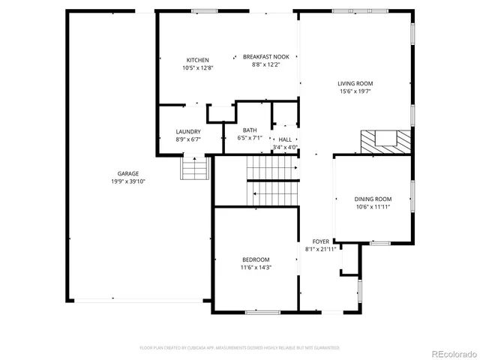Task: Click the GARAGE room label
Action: [127, 173]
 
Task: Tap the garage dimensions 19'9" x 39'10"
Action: [127, 181]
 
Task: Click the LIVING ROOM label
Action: [355, 83]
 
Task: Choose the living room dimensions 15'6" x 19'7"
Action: [355, 91]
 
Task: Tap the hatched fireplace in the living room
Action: [385, 140]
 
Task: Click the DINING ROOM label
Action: [373, 199]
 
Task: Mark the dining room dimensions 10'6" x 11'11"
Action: [373, 207]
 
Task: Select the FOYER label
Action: [320, 241]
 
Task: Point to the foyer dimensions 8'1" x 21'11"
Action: [320, 248]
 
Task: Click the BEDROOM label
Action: [256, 259]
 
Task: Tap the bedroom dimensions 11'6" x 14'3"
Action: [256, 267]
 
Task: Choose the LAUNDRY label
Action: [188, 131]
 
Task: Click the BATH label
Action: [249, 130]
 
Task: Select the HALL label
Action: [285, 139]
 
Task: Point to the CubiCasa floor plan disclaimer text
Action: [240, 347]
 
